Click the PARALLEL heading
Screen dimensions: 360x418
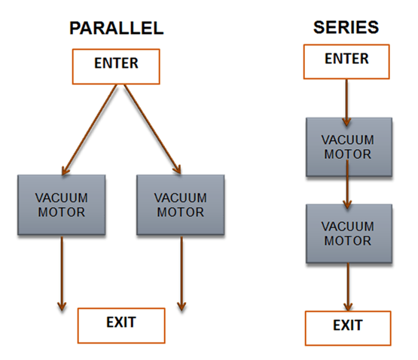coord(116,29)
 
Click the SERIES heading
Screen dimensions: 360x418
coord(346,28)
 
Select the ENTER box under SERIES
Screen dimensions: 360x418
coord(346,60)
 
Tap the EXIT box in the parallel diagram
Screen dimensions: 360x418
coord(121,324)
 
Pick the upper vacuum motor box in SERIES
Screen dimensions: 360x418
coord(346,147)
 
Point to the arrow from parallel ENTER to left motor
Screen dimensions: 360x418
coord(90,128)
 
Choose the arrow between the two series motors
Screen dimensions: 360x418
coord(346,192)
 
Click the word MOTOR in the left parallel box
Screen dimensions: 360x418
coord(61,212)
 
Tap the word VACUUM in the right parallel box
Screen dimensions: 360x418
coord(180,198)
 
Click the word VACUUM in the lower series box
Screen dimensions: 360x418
coord(346,226)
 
